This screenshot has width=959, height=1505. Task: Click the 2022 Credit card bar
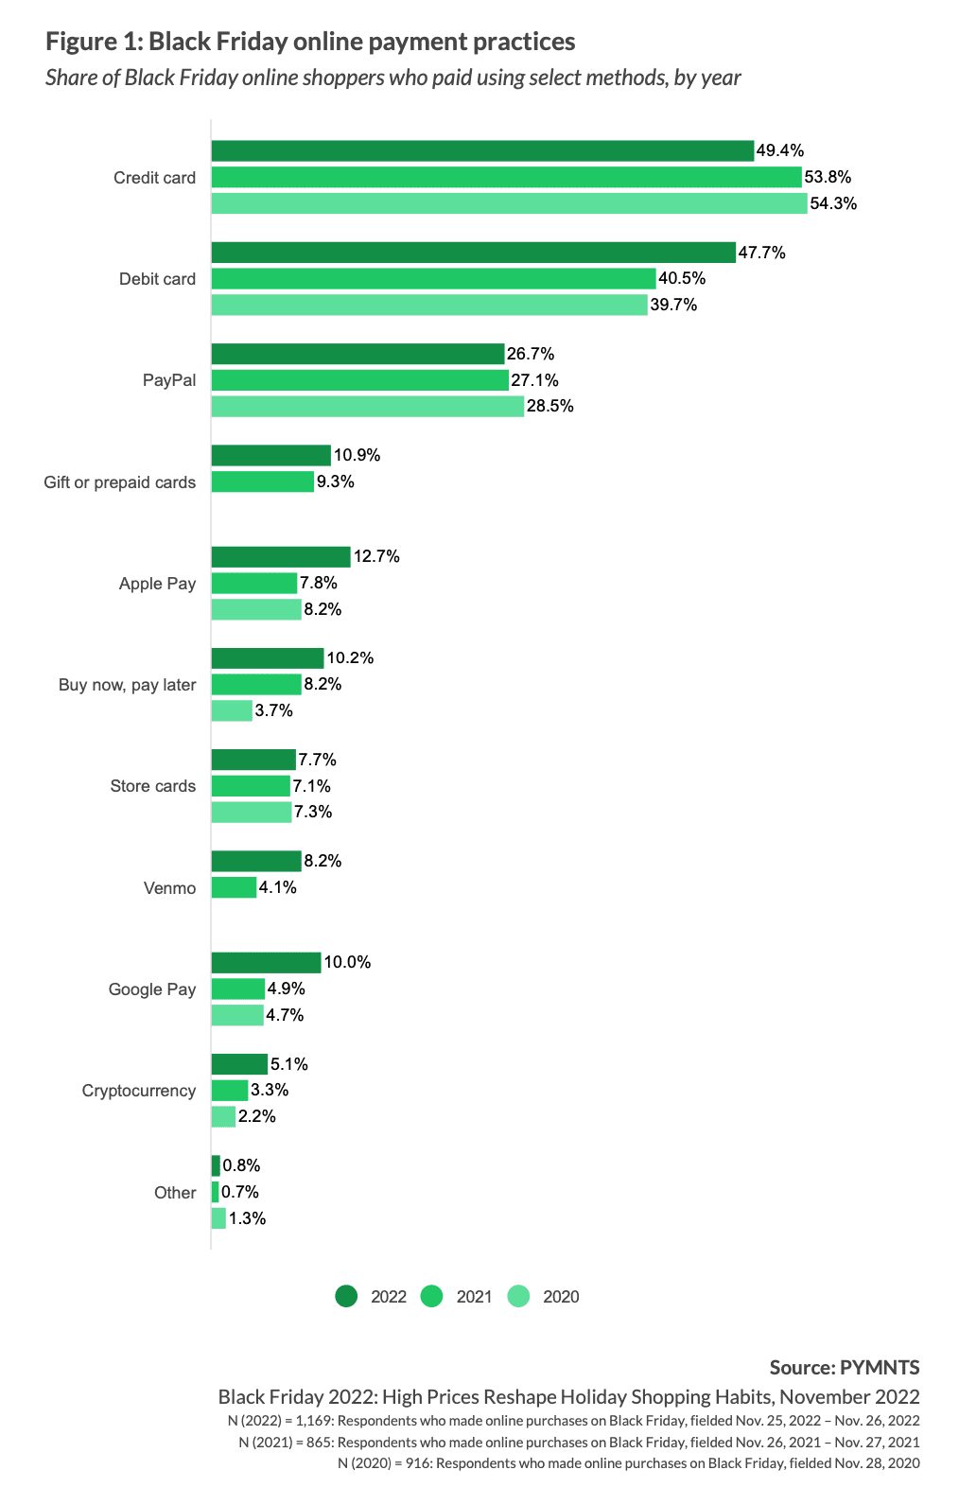click(482, 151)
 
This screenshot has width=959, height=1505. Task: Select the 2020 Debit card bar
click(429, 305)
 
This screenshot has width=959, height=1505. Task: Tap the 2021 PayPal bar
click(360, 380)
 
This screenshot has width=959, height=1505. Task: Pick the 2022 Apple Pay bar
click(281, 557)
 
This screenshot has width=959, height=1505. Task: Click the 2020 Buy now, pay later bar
click(232, 710)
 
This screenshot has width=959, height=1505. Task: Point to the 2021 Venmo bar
click(234, 887)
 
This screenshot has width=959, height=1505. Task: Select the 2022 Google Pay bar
click(266, 963)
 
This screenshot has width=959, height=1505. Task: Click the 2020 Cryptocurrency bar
click(223, 1116)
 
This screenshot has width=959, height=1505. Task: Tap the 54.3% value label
click(833, 203)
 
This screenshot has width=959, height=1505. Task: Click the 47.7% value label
click(761, 253)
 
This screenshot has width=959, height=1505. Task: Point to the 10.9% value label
click(357, 456)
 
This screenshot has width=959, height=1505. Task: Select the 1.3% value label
click(247, 1218)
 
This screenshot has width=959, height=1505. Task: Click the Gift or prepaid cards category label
click(119, 482)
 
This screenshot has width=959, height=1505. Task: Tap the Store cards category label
click(152, 786)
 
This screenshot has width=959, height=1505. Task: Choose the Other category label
click(175, 1193)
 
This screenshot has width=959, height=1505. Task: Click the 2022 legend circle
click(346, 1297)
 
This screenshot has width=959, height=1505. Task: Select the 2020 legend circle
click(518, 1297)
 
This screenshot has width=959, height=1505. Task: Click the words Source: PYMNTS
click(845, 1368)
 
